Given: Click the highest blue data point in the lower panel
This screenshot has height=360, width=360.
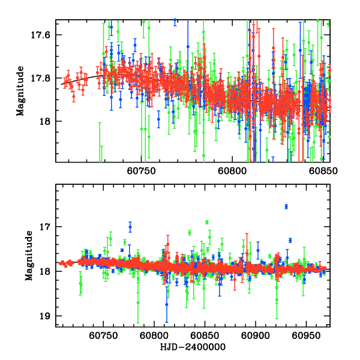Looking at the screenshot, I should tap(286, 206).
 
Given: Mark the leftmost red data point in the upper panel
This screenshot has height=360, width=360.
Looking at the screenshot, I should tap(64, 83).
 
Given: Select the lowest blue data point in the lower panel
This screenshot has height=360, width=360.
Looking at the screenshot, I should tap(167, 305).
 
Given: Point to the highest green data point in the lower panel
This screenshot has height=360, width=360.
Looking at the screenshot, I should tap(207, 222).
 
